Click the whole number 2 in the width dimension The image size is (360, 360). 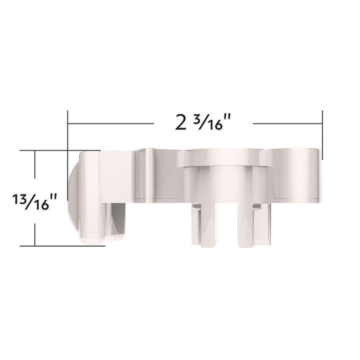click(180, 122)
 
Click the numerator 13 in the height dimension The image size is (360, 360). click(18, 198)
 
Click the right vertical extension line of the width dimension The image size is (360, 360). click(322, 135)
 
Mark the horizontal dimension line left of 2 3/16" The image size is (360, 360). click(110, 124)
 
